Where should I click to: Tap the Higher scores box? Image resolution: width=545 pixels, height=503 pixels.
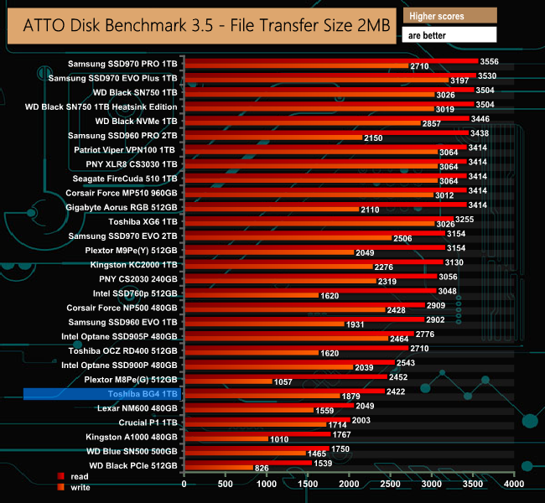click(449, 16)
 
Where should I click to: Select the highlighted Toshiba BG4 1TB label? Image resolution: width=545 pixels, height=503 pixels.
click(102, 393)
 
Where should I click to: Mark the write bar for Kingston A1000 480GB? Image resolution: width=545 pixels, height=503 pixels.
click(226, 439)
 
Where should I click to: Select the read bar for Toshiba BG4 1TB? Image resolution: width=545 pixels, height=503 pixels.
click(284, 391)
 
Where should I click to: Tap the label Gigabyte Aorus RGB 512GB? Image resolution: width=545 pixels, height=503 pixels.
click(121, 207)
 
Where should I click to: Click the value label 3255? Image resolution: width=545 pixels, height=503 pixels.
click(465, 220)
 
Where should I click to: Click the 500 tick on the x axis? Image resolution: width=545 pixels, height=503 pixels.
click(226, 485)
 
